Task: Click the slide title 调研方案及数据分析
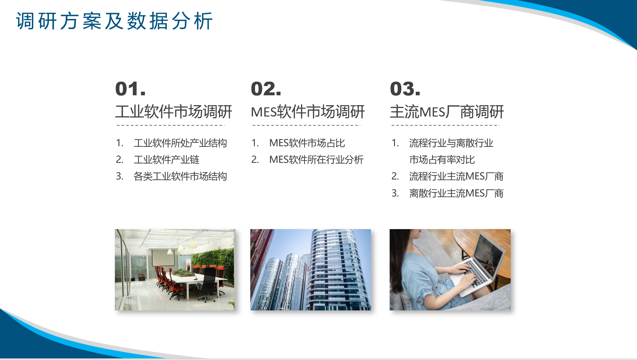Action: tap(114, 21)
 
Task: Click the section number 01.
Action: tap(131, 89)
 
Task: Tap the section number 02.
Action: tap(266, 89)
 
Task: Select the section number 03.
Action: tap(405, 89)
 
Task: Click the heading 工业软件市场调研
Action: tap(174, 112)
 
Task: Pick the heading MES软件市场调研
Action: tap(308, 112)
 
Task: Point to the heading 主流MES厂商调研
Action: tap(447, 112)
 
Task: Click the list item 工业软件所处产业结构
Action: tap(180, 143)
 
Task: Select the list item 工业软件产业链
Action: tap(166, 160)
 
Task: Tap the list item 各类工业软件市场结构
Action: tap(180, 176)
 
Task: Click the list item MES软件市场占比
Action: tap(307, 143)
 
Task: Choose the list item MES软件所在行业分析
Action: tap(316, 160)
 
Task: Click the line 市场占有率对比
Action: tap(442, 160)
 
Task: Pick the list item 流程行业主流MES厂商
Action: tap(456, 176)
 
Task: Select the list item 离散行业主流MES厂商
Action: tap(456, 193)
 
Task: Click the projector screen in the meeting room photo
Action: tap(163, 257)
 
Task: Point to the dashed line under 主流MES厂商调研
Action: tap(445, 125)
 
